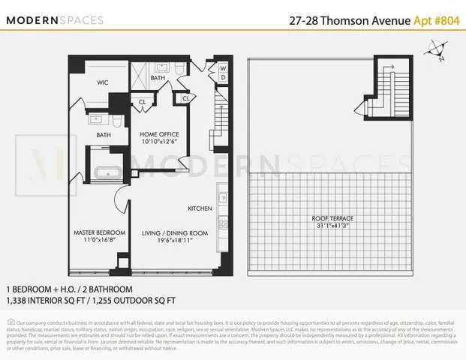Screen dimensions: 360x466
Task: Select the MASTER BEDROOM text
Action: (x=95, y=233)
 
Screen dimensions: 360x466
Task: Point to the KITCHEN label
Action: (x=200, y=208)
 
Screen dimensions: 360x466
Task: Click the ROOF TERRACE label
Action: (x=332, y=217)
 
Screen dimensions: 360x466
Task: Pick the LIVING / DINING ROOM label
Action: (x=175, y=233)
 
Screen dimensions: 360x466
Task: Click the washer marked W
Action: (x=224, y=67)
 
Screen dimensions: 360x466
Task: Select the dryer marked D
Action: (x=224, y=77)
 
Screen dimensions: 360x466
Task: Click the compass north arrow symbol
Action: (x=434, y=52)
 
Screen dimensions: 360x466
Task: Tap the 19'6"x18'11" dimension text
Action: (x=175, y=241)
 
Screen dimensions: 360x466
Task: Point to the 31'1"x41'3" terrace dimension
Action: (x=332, y=225)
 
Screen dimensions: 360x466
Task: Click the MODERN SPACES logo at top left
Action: (x=56, y=19)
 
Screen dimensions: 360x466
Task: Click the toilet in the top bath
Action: (x=176, y=68)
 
